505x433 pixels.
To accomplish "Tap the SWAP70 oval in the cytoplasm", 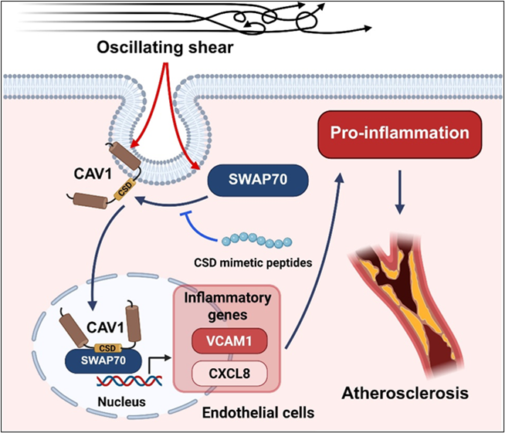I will pos(259,182).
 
